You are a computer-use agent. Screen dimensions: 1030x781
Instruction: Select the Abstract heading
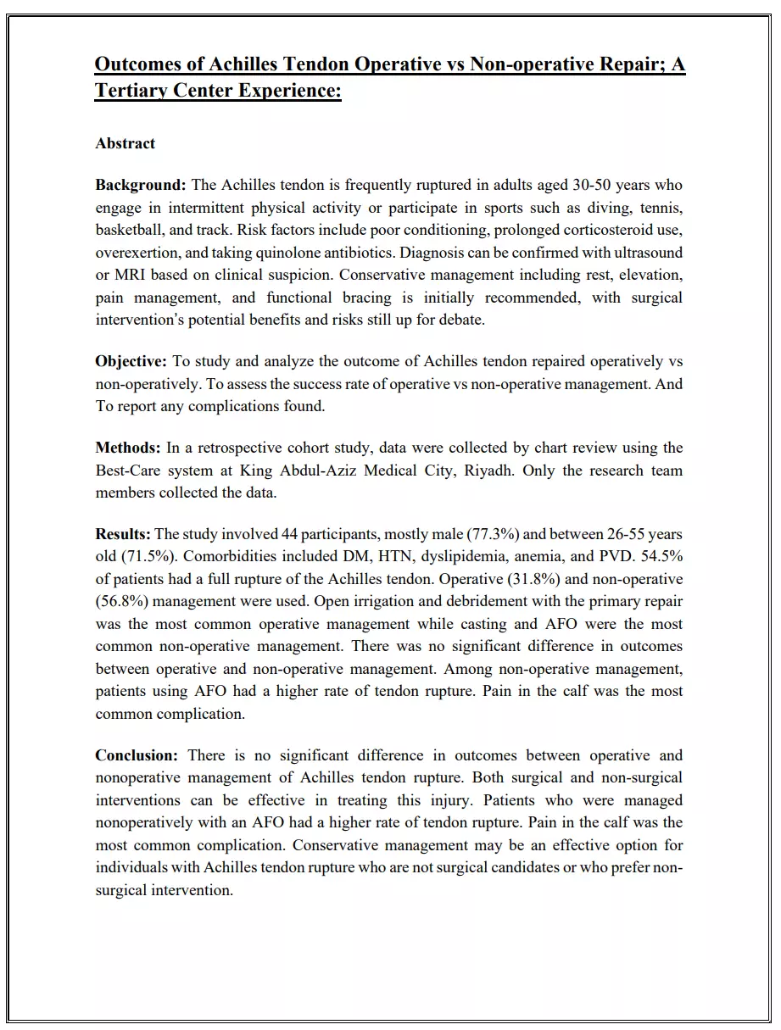click(x=125, y=143)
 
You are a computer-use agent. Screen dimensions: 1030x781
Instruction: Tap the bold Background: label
click(x=140, y=185)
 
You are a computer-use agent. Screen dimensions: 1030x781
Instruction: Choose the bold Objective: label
click(x=131, y=361)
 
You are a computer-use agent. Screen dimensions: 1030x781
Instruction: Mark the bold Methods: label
click(x=128, y=448)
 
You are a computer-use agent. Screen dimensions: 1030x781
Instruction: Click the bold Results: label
click(x=123, y=534)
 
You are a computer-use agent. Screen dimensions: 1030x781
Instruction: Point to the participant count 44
click(x=287, y=534)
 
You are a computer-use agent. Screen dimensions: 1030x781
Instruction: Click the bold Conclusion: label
click(x=137, y=755)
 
